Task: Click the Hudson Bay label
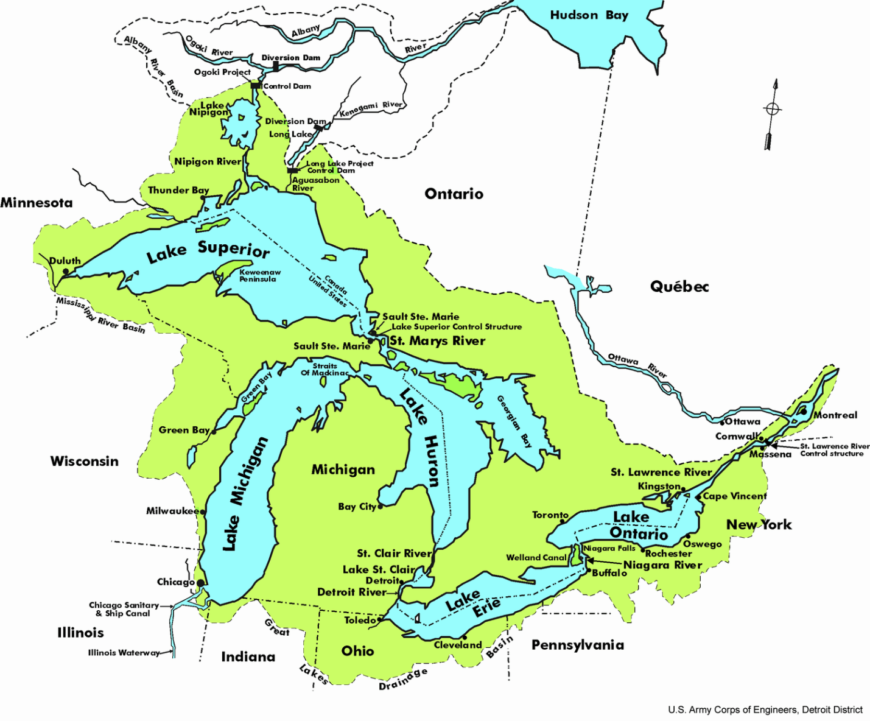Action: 589,15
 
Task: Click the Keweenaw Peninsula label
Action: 259,276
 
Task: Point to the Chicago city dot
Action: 200,583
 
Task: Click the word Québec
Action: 679,287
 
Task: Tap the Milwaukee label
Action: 172,511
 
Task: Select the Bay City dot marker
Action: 381,506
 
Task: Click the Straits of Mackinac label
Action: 324,370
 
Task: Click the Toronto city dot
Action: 563,521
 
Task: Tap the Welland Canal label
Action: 536,558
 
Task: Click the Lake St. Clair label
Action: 379,570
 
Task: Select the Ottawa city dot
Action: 722,423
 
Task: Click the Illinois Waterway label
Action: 124,653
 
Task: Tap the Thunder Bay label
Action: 178,191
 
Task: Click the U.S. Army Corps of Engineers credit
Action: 765,710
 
